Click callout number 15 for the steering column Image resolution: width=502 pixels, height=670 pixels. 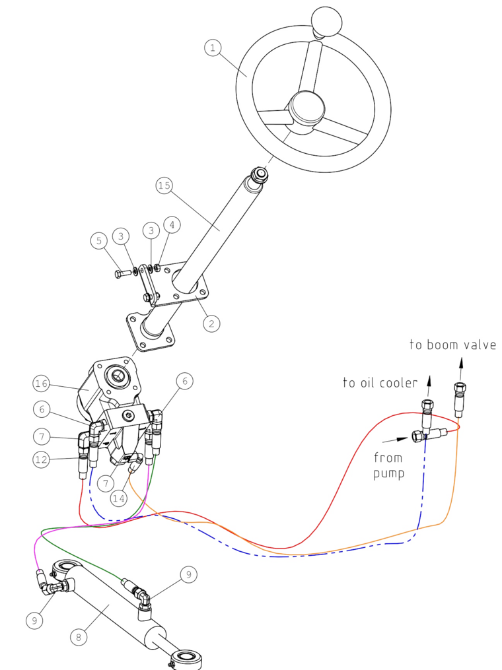click(x=165, y=187)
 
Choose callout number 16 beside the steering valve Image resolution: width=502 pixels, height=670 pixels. click(x=42, y=383)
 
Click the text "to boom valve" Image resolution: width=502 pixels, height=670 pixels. click(x=452, y=345)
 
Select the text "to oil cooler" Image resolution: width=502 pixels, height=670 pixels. click(x=378, y=383)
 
